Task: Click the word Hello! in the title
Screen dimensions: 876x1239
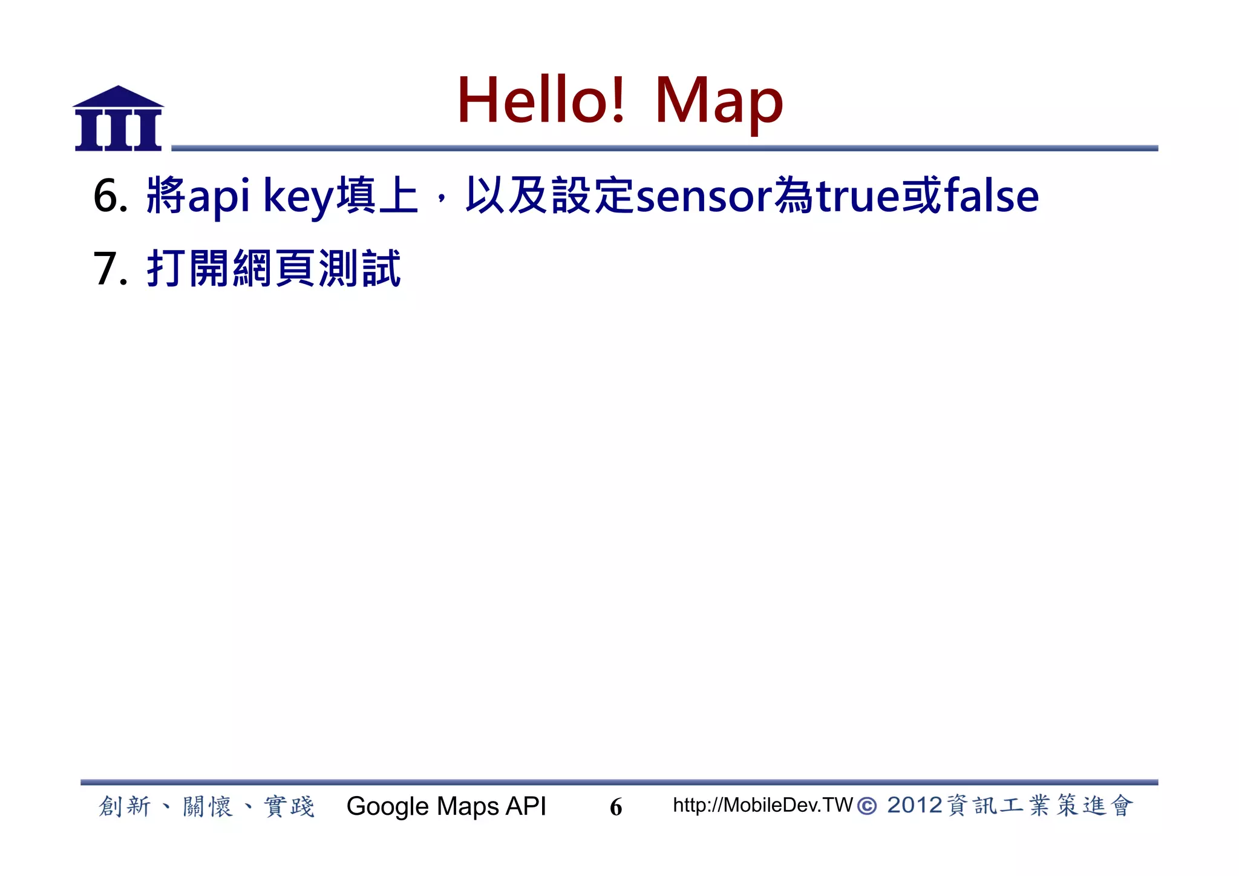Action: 541,100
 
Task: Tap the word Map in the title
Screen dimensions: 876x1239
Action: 719,102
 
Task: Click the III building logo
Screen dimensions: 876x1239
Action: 119,119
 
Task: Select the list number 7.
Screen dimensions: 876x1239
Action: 110,268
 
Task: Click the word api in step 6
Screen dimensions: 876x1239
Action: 219,197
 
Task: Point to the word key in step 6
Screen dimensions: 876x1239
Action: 299,197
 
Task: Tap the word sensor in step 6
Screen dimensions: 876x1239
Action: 704,197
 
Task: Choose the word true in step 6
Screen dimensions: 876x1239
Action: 858,196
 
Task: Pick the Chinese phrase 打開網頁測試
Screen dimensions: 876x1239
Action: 273,268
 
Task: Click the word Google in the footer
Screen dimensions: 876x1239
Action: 388,806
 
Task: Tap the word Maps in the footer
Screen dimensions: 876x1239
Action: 468,806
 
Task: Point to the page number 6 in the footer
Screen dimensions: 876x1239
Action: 616,807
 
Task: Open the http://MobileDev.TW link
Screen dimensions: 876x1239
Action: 762,805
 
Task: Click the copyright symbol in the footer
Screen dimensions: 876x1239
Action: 867,806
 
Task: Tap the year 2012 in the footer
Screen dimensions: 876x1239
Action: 914,805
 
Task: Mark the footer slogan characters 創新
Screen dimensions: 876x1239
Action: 124,806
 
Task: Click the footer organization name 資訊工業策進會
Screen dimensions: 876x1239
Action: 1039,806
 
